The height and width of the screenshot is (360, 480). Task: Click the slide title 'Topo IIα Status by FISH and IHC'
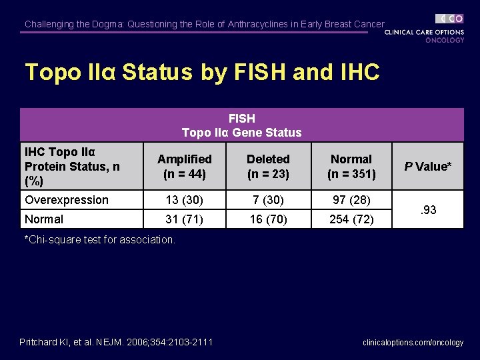point(201,72)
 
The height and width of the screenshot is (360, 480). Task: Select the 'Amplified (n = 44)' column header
point(184,167)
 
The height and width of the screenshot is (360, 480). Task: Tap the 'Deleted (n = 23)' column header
point(268,167)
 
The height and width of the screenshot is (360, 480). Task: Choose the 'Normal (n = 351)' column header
point(351,167)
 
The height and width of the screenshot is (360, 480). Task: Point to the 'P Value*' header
point(428,166)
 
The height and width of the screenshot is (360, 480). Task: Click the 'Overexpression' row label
point(66,200)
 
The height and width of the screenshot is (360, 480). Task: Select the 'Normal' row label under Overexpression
point(44,219)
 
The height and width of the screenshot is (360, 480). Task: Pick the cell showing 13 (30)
point(184,200)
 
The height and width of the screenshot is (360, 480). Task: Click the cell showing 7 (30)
point(268,200)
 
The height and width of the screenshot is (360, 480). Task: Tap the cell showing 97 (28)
point(351,200)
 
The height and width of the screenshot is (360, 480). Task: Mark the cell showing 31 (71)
point(184,219)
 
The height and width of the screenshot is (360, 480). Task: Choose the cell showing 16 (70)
point(268,219)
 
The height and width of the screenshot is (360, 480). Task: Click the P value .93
point(428,210)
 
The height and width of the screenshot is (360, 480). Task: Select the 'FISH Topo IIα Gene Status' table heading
point(241,125)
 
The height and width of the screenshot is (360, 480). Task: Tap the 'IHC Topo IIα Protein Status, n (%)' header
point(72,166)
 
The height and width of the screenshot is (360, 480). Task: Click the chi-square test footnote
point(100,239)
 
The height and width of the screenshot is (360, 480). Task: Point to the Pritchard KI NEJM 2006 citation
point(116,342)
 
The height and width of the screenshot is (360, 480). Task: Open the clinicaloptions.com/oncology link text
point(413,343)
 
